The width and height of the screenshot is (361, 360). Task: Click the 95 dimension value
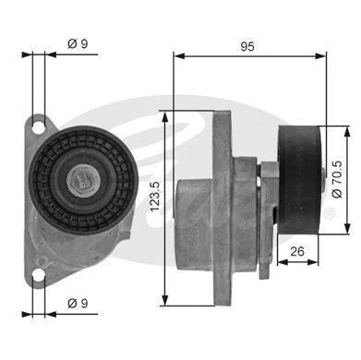(247, 46)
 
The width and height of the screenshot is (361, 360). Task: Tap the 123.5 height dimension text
(155, 197)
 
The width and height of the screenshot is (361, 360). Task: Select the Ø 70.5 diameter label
(337, 179)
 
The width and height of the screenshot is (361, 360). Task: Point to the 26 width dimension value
(297, 251)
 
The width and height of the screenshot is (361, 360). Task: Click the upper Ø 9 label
(78, 43)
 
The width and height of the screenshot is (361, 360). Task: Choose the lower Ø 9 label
(78, 304)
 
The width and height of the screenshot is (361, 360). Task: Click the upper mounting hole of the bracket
(38, 127)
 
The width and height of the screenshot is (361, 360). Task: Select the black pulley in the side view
(299, 180)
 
